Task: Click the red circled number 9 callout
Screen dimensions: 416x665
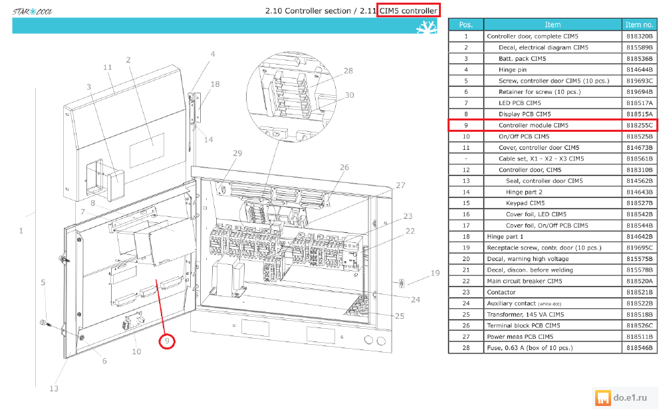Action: (x=168, y=341)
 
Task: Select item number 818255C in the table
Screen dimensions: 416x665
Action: (x=640, y=125)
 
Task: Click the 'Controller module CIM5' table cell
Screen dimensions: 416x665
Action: (x=533, y=125)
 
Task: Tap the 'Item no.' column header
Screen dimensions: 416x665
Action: (x=640, y=25)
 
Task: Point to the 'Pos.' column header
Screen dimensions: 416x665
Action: (x=465, y=25)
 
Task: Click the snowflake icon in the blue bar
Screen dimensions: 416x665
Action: (x=426, y=27)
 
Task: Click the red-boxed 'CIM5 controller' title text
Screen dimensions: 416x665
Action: (x=408, y=11)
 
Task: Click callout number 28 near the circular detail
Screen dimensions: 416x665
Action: (x=348, y=71)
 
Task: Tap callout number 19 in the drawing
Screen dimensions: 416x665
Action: (x=435, y=273)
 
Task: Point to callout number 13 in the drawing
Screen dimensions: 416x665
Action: (x=54, y=389)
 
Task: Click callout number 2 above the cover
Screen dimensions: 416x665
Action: (x=128, y=59)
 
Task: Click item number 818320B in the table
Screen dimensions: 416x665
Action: (x=640, y=36)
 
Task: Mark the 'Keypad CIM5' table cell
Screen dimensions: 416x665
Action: (x=525, y=203)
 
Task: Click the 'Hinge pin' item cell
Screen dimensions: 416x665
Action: (x=513, y=69)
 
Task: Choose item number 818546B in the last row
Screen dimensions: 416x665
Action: (x=640, y=348)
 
